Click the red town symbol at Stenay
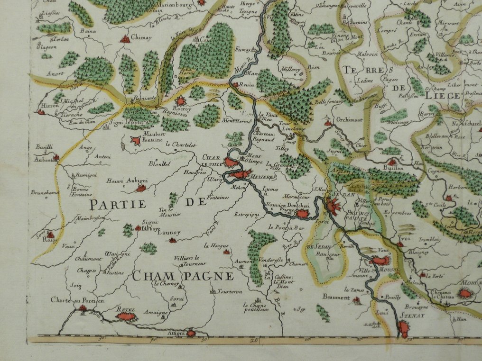(404, 327)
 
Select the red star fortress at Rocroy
(181, 101)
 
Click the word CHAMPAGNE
(183, 276)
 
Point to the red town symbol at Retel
(126, 316)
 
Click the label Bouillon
(393, 168)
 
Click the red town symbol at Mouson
(380, 260)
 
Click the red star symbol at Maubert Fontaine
(137, 140)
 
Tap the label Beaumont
(336, 298)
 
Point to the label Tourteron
(230, 291)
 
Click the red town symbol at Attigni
(191, 333)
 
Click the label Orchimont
(350, 120)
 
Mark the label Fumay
(242, 48)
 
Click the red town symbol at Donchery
(302, 214)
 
